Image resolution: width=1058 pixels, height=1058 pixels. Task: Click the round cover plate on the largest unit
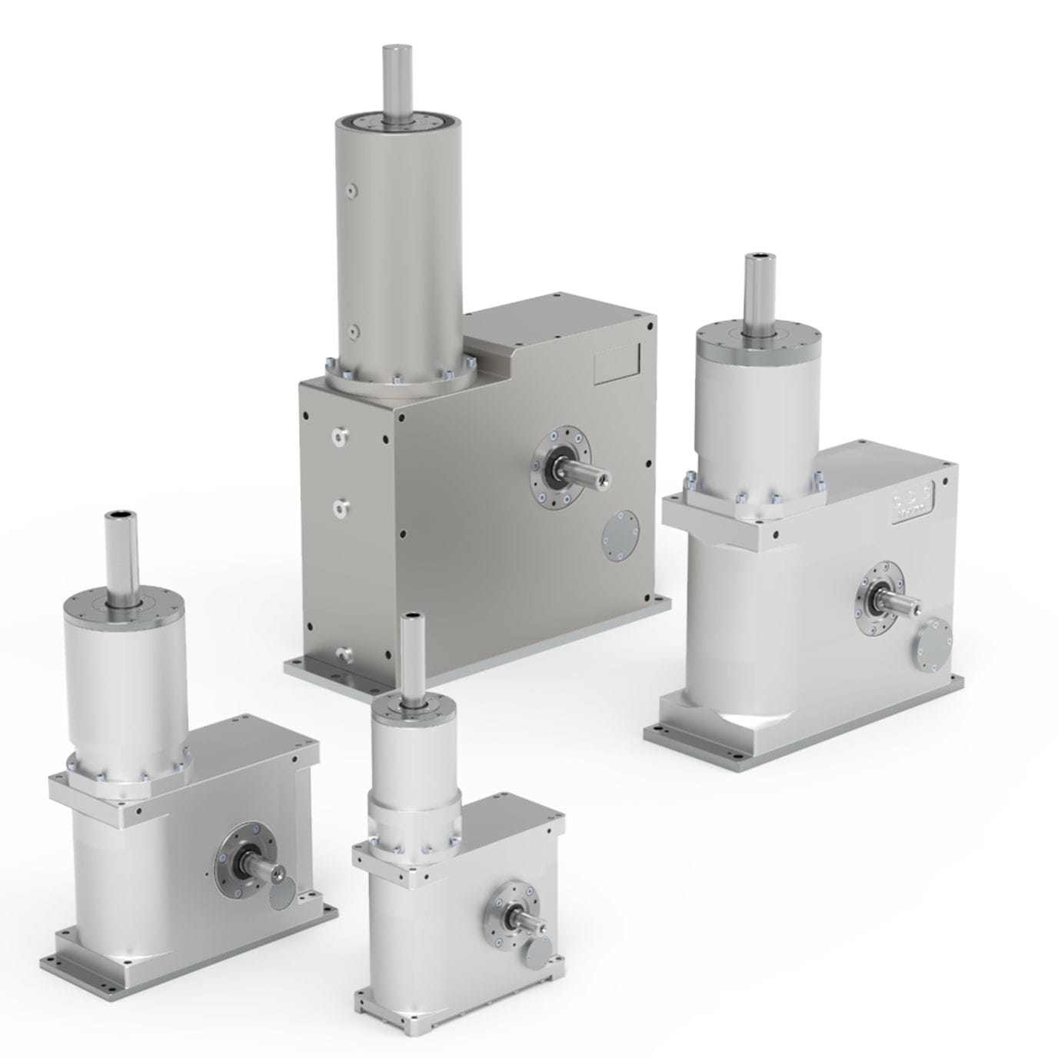coord(622,538)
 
